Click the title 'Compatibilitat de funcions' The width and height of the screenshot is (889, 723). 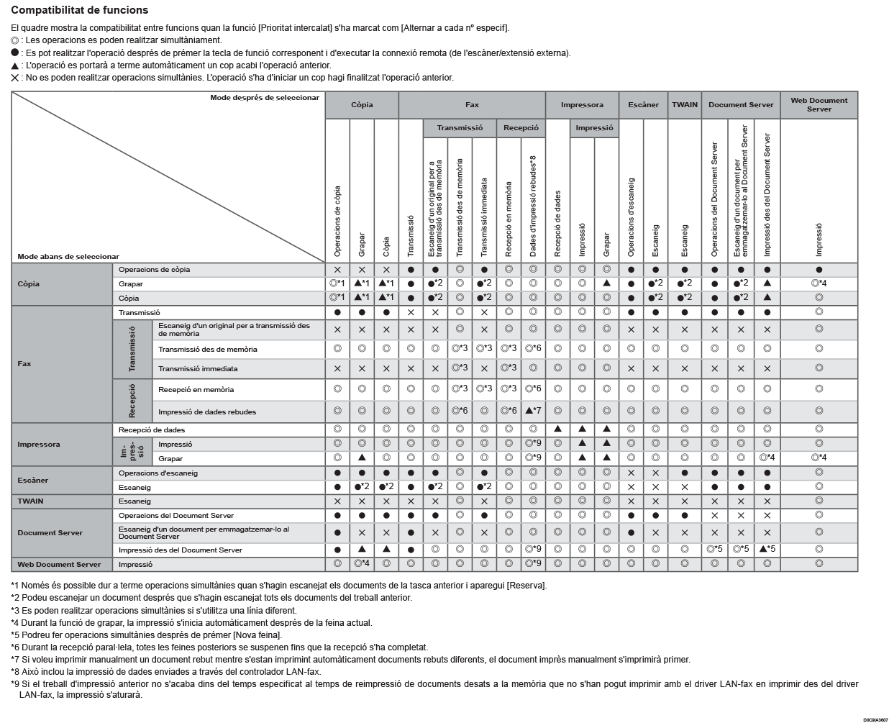(80, 10)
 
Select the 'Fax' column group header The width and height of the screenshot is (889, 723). (472, 105)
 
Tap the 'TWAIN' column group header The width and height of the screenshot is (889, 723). (684, 105)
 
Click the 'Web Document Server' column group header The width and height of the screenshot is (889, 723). (819, 105)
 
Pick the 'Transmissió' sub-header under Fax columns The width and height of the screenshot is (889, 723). (460, 128)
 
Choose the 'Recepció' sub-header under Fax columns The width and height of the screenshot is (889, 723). (521, 128)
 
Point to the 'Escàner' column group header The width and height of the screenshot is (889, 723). (643, 105)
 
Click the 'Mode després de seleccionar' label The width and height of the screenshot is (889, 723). (264, 98)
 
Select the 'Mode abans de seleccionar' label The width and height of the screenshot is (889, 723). (68, 257)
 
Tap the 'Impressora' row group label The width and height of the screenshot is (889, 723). (39, 445)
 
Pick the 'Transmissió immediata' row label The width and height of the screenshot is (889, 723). (198, 369)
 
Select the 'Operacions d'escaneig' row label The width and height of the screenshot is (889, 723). (158, 473)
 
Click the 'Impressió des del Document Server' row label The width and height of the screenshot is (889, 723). (180, 550)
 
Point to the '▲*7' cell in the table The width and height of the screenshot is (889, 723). (533, 411)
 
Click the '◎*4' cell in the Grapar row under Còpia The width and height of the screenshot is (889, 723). (819, 283)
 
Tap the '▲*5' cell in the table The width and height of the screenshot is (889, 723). (767, 550)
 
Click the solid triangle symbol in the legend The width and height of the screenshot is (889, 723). (15, 65)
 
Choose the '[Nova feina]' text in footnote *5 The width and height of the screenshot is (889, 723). (257, 635)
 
